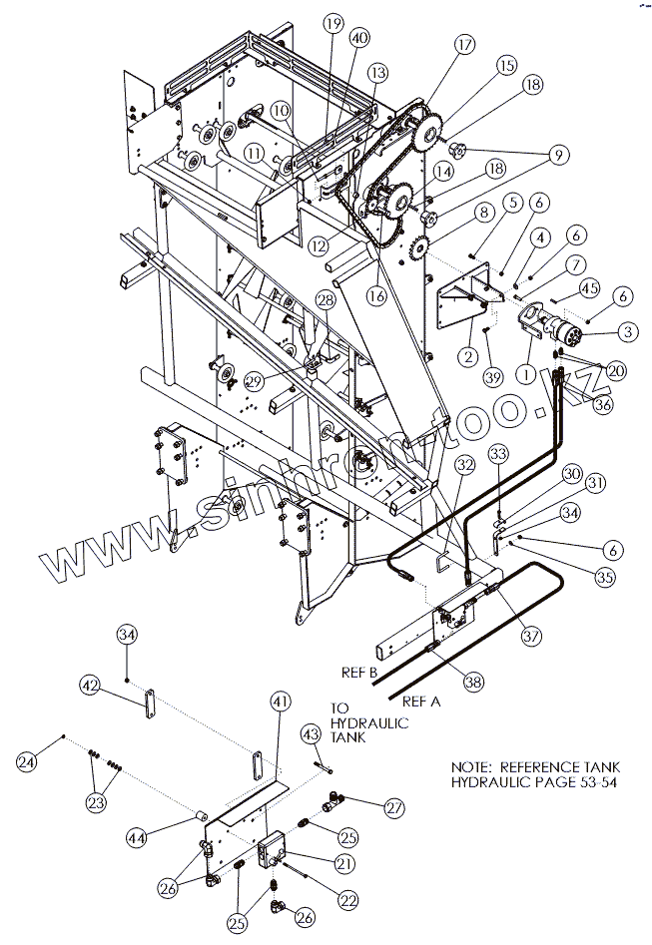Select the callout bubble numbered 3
point(629,330)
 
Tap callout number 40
point(358,37)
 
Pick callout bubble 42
point(91,686)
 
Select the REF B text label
point(356,674)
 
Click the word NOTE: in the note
point(471,766)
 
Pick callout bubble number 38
point(473,683)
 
